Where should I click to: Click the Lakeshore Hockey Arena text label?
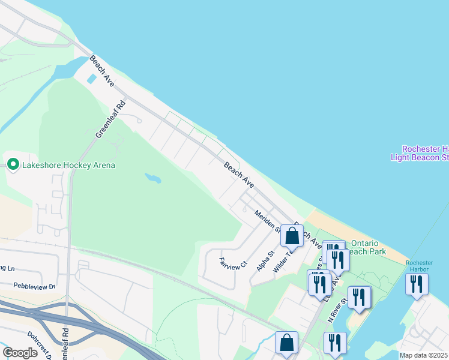(x=68, y=165)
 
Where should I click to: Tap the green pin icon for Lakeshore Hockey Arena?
(x=13, y=164)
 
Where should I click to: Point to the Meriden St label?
(x=268, y=221)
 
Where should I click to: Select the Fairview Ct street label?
(x=233, y=263)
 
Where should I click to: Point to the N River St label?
(x=337, y=311)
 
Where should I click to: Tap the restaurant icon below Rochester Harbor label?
(x=417, y=283)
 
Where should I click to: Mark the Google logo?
(x=20, y=353)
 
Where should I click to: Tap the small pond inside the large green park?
(x=153, y=178)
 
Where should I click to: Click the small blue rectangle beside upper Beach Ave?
(x=91, y=79)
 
